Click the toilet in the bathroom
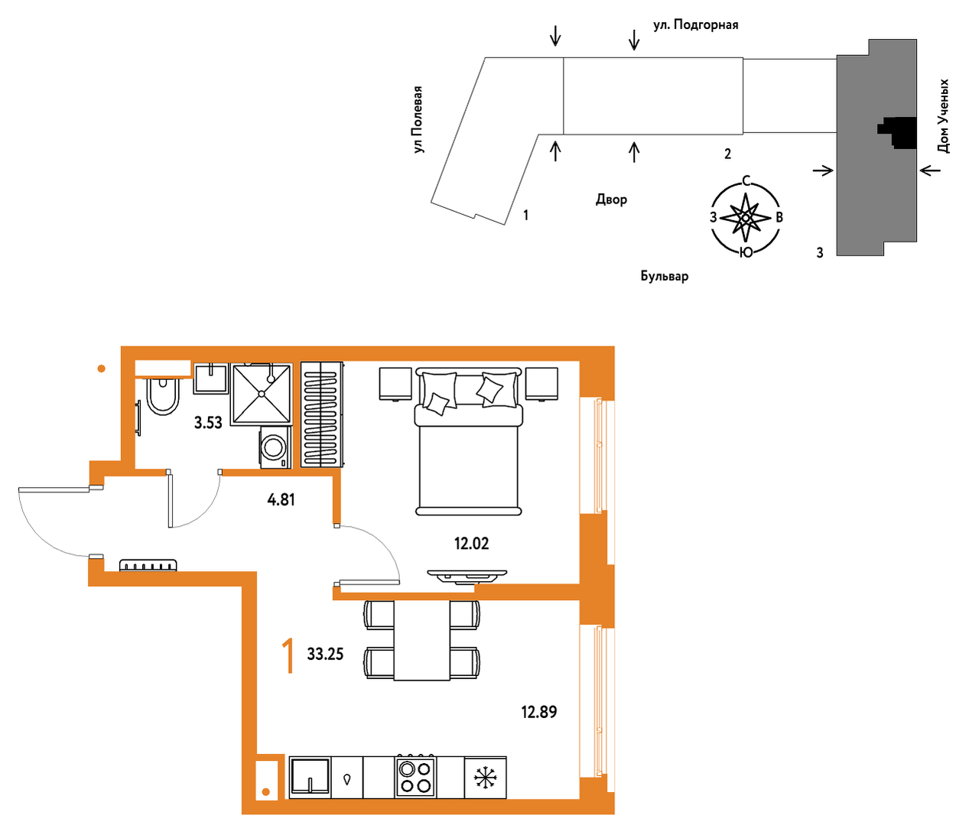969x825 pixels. coord(163,396)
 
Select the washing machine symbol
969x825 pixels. coord(275,447)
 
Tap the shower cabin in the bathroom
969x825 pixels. coord(261,395)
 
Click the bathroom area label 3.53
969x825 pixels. coord(208,423)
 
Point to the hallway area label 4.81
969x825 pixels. coord(281,500)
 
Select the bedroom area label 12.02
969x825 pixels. coord(471,544)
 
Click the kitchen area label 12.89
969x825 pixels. coord(539,712)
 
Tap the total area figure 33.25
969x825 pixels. coord(325,654)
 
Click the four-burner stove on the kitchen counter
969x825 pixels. coord(415,777)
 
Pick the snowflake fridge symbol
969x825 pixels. coord(485,778)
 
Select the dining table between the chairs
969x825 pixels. coord(422,640)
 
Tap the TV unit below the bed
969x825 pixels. coord(467,577)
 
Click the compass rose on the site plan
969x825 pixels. coord(746,217)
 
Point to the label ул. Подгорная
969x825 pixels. coord(696,24)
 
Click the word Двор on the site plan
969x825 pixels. coord(611,200)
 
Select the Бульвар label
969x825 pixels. coord(665,276)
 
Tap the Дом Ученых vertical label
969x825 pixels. coord(943,115)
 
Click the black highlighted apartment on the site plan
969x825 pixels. coord(899,132)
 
